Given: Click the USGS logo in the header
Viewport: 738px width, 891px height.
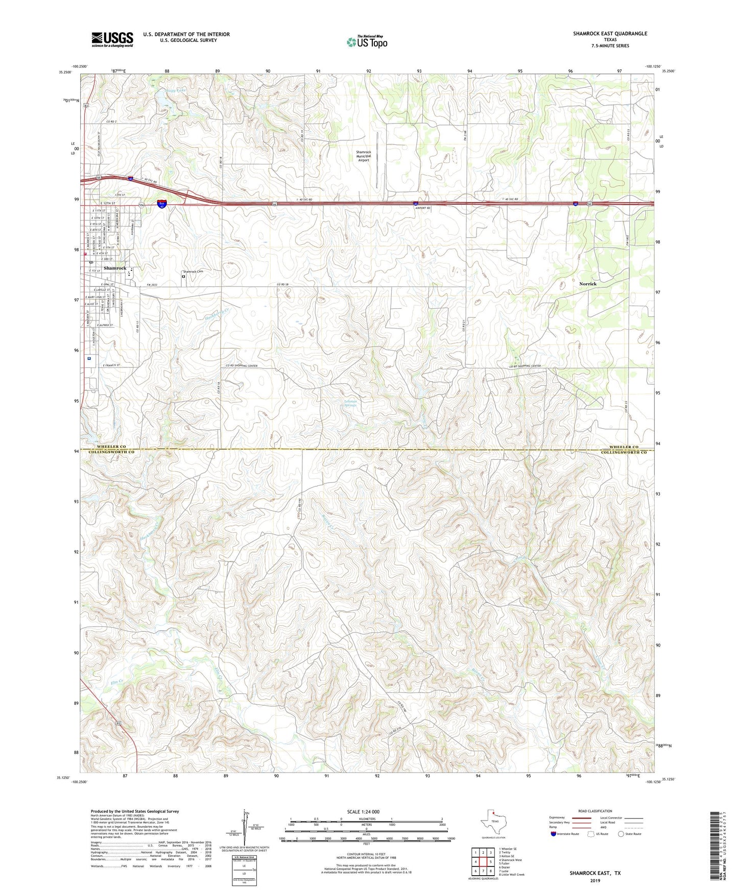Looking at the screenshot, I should pos(112,39).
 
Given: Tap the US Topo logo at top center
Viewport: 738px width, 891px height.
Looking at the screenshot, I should pos(367,42).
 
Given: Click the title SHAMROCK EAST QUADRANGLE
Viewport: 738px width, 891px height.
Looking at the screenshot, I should pos(610,34).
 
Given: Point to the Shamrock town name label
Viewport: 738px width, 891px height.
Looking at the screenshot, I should pos(115,268).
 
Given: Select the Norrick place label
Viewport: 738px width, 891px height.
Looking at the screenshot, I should pos(588,284).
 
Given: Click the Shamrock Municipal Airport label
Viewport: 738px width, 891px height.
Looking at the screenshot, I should pos(364,156).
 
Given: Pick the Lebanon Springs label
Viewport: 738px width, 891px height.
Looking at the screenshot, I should pos(350,403).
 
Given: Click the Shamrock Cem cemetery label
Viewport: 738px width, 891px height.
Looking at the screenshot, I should pos(193,272).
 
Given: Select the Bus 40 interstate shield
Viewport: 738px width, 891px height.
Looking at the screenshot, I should pos(162,204).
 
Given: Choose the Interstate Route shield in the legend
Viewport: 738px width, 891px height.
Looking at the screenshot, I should pos(554,834).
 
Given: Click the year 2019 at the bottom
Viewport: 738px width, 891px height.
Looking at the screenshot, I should pos(595,880).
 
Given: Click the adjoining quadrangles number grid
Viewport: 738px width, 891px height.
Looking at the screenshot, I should pos(483,862).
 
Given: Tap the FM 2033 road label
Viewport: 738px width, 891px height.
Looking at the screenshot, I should pos(152,284).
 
